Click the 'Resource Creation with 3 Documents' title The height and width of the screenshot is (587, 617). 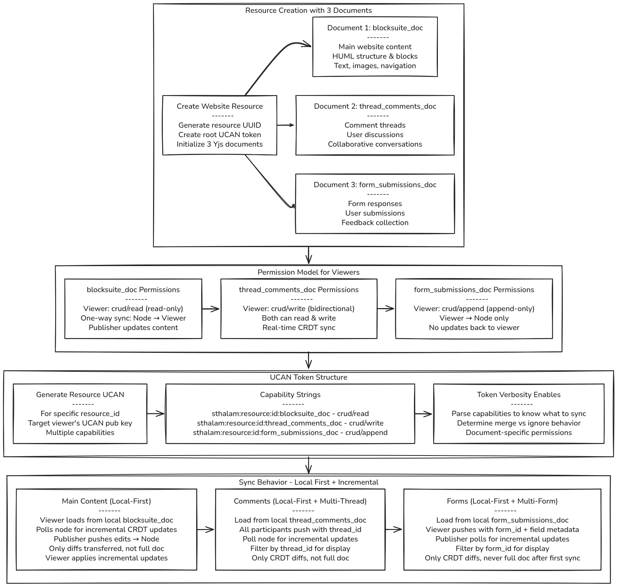coord(308,11)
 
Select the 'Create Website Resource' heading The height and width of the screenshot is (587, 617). coord(220,106)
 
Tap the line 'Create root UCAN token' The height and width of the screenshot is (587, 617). coord(220,135)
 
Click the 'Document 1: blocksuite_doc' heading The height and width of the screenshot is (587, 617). coord(375,28)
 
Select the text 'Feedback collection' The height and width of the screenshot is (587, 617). coord(375,223)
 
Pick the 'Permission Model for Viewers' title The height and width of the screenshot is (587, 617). coord(308,272)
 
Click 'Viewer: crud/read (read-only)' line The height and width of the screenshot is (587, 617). coord(133,309)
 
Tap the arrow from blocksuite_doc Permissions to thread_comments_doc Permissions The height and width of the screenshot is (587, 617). coord(211,309)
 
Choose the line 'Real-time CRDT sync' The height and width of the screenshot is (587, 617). coord(299,328)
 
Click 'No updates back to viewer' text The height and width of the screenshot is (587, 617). coord(474,328)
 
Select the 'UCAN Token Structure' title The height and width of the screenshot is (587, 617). coord(308,377)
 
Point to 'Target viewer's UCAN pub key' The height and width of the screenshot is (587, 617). coord(80,423)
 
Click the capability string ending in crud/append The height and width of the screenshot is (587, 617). coord(290,433)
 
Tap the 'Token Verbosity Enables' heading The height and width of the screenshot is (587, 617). coord(519,395)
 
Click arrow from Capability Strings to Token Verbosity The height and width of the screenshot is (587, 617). coord(424,414)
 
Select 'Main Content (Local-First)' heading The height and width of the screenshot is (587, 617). coord(106,501)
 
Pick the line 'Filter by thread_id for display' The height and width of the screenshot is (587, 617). coord(300,549)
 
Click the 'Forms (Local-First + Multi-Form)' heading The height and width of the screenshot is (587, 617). coord(502,501)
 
